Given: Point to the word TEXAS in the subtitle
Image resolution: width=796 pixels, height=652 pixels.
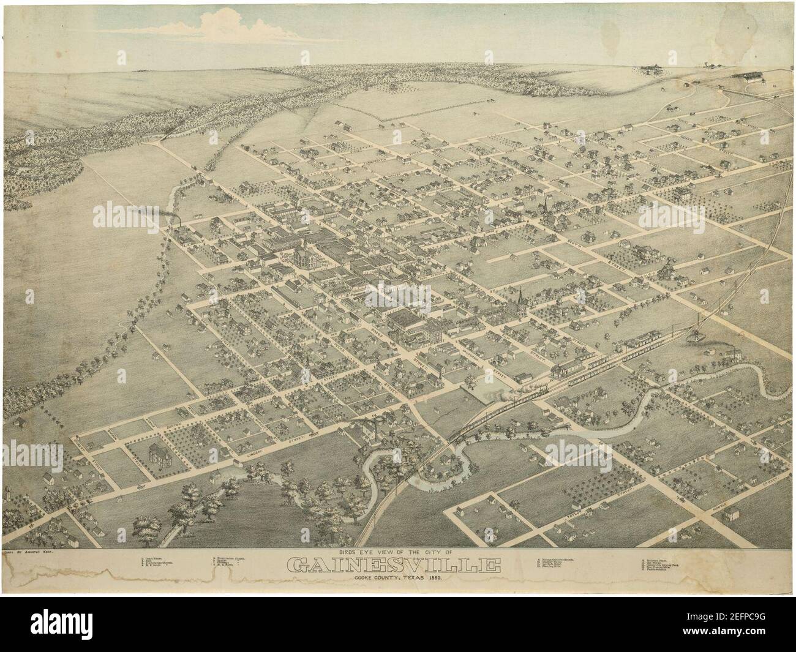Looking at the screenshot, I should pos(421,578).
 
